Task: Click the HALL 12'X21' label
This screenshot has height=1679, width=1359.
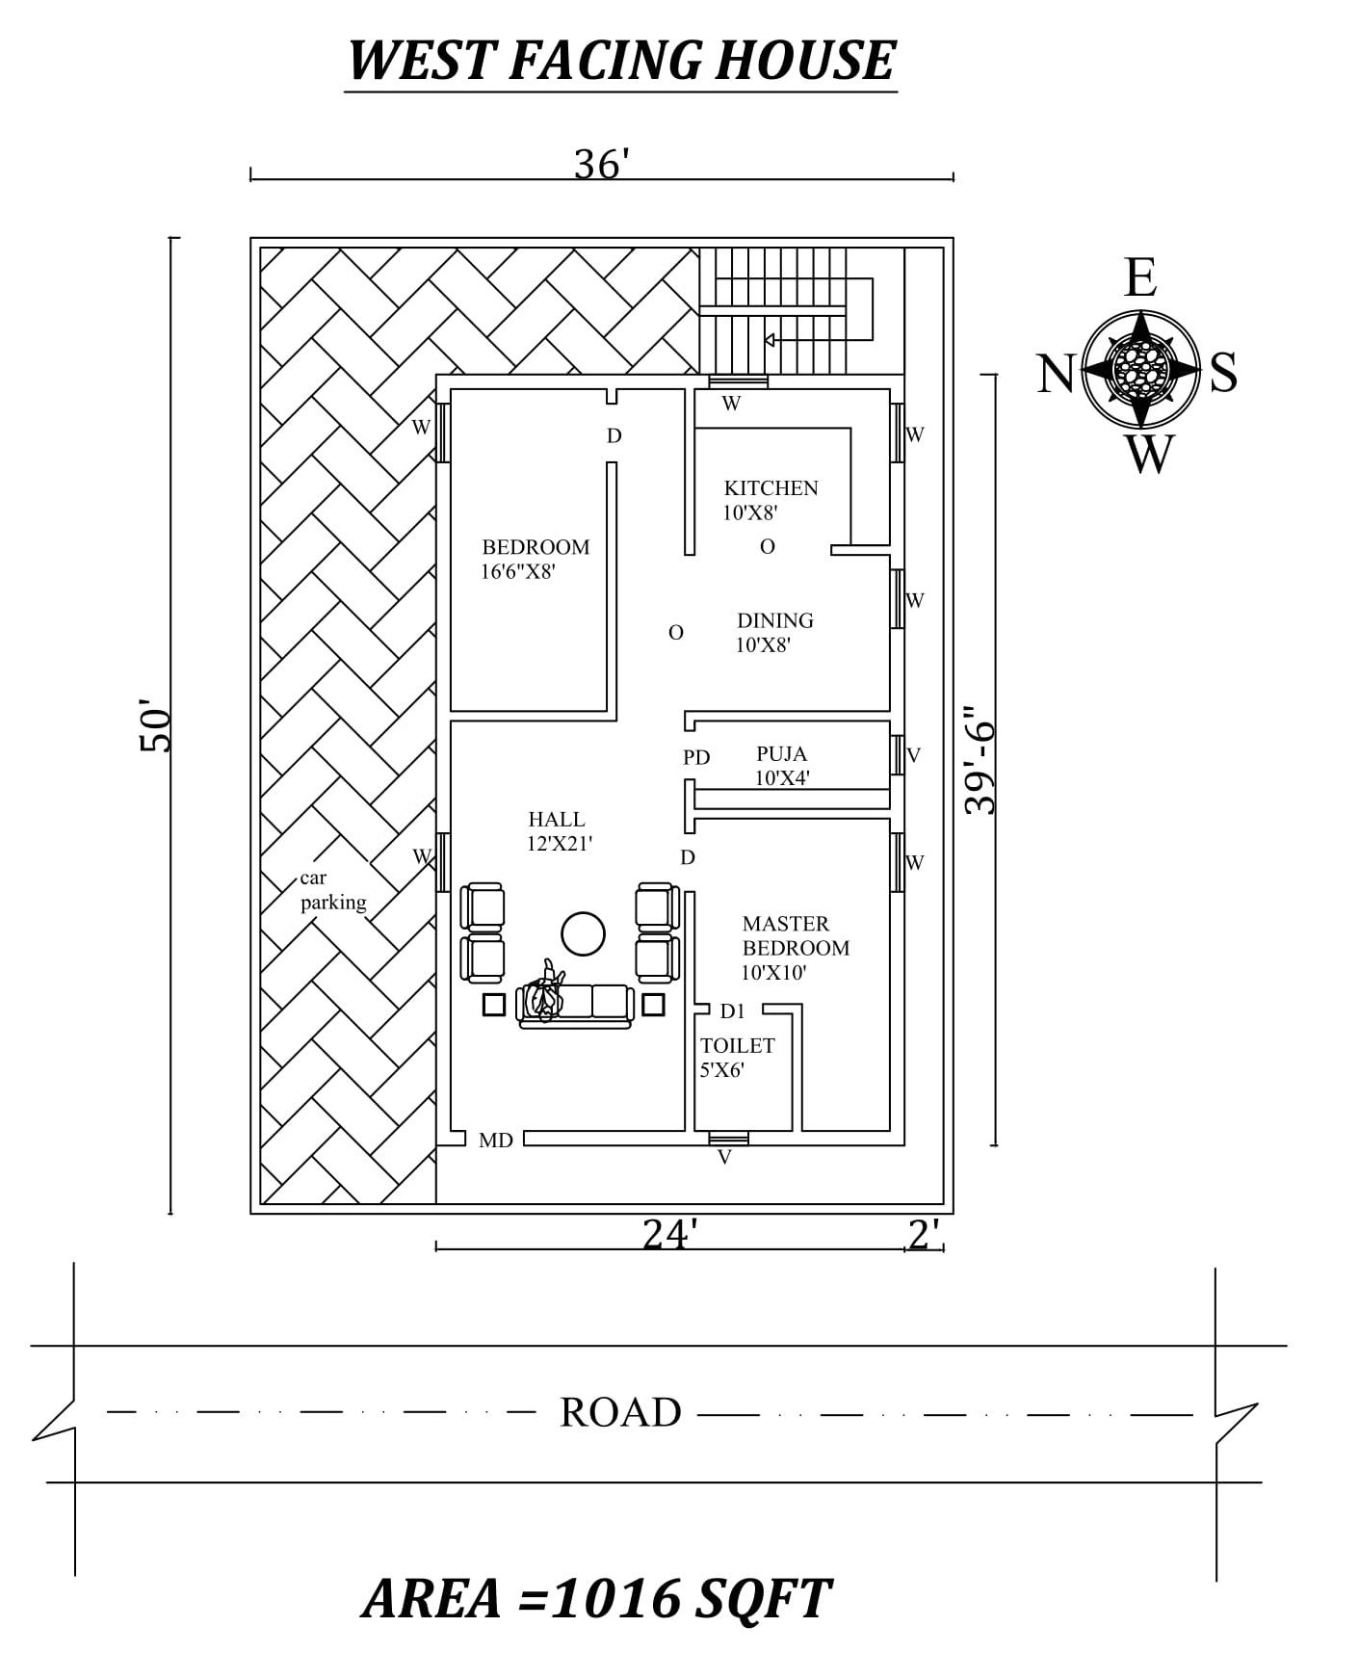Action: [x=560, y=831]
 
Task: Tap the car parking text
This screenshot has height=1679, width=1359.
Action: [x=333, y=890]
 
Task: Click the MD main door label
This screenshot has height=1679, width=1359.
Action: [x=496, y=1141]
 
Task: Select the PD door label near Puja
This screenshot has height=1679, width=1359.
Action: [x=696, y=757]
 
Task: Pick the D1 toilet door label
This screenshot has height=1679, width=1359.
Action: [x=733, y=1010]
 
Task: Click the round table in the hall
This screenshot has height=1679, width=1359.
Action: [x=583, y=933]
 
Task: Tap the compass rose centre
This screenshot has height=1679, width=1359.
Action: [x=1140, y=369]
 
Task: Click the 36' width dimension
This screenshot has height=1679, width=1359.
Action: [x=602, y=165]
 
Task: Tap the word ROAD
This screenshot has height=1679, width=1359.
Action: [x=620, y=1412]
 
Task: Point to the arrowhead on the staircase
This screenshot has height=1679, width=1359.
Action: [x=771, y=339]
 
